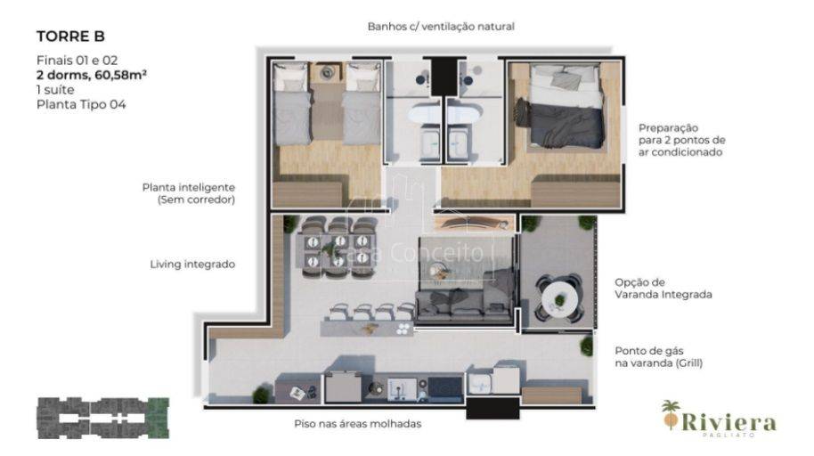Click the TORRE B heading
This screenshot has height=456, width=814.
pyautogui.click(x=70, y=37)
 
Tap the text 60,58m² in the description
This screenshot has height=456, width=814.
pyautogui.click(x=120, y=75)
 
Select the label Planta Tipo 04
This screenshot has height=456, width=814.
pyautogui.click(x=81, y=104)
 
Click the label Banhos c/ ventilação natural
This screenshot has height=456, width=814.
pyautogui.click(x=441, y=27)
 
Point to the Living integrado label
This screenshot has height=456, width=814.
pyautogui.click(x=192, y=265)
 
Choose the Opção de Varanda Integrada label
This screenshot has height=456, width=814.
pyautogui.click(x=663, y=289)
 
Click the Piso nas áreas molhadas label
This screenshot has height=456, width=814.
pyautogui.click(x=358, y=424)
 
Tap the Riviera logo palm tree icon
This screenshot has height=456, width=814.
pyautogui.click(x=672, y=414)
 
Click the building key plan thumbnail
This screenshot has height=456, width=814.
pyautogui.click(x=103, y=418)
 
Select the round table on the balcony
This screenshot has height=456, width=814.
pyautogui.click(x=559, y=298)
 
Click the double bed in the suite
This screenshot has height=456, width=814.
pyautogui.click(x=566, y=107)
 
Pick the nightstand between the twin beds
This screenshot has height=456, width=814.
pyautogui.click(x=327, y=72)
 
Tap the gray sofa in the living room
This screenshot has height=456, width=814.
pyautogui.click(x=465, y=306)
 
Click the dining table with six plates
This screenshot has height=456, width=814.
pyautogui.click(x=338, y=250)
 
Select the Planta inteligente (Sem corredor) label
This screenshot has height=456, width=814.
pyautogui.click(x=189, y=193)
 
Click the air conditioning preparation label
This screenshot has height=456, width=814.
pyautogui.click(x=681, y=140)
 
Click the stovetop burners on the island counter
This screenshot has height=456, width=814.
pyautogui.click(x=404, y=329)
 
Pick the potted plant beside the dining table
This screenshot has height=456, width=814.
pyautogui.click(x=290, y=224)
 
